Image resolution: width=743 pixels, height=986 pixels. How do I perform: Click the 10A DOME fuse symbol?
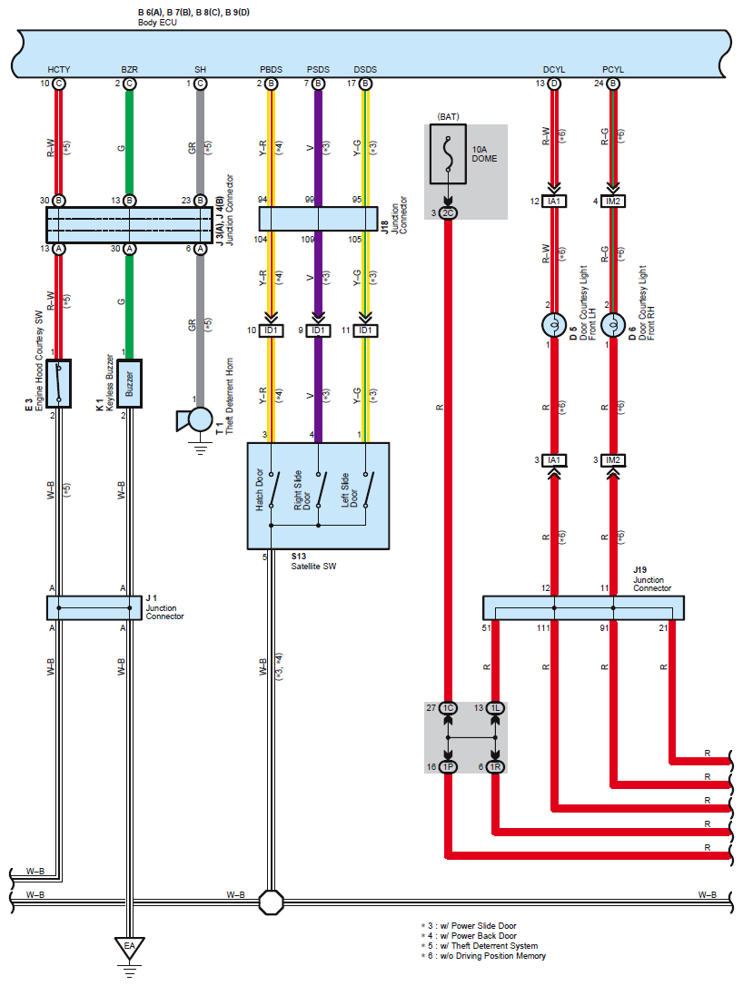point(448,153)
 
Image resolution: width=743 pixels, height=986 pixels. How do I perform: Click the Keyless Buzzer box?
point(130,383)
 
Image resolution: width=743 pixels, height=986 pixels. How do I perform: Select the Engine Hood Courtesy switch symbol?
point(58,383)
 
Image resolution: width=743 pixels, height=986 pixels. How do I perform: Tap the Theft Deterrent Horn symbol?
point(195,419)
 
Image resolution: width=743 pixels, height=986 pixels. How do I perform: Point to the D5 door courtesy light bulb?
point(554,325)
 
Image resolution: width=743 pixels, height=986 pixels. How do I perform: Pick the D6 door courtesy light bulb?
point(613,325)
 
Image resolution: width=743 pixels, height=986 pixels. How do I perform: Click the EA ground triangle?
point(130,948)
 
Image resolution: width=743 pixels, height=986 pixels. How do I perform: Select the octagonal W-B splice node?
point(272,902)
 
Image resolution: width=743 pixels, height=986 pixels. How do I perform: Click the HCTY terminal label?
point(58,70)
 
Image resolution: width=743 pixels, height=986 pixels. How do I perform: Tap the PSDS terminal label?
point(318,70)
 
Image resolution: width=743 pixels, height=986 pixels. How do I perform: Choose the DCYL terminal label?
point(554,70)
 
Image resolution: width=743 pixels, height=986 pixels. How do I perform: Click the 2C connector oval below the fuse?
point(448,213)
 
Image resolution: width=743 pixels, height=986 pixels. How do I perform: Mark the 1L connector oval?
point(495,708)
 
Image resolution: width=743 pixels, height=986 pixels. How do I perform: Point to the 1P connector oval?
point(448,766)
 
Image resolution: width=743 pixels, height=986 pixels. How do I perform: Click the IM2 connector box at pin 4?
point(613,202)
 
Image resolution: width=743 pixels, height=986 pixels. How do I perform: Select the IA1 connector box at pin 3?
point(554,460)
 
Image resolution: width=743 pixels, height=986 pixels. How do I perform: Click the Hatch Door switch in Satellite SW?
point(273,489)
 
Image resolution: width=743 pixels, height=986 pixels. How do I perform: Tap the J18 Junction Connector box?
point(318,219)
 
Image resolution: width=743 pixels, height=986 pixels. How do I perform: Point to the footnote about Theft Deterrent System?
point(480,946)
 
